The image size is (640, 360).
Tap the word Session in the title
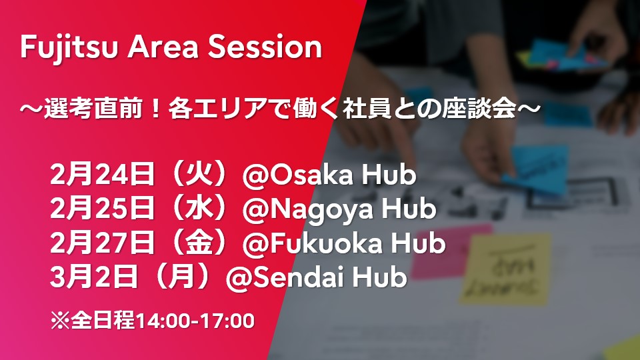pyautogui.click(x=265, y=47)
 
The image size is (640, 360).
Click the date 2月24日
pyautogui.click(x=103, y=174)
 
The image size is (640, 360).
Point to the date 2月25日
pyautogui.click(x=103, y=208)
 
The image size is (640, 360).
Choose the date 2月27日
pyautogui.click(x=103, y=243)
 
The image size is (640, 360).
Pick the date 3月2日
pyautogui.click(x=94, y=277)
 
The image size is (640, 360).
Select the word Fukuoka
pyautogui.click(x=327, y=243)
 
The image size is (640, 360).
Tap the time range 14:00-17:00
pyautogui.click(x=195, y=321)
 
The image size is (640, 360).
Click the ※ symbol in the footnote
pyautogui.click(x=61, y=321)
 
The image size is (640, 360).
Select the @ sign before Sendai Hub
pyautogui.click(x=239, y=277)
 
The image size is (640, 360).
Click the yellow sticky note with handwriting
pyautogui.click(x=505, y=269)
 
